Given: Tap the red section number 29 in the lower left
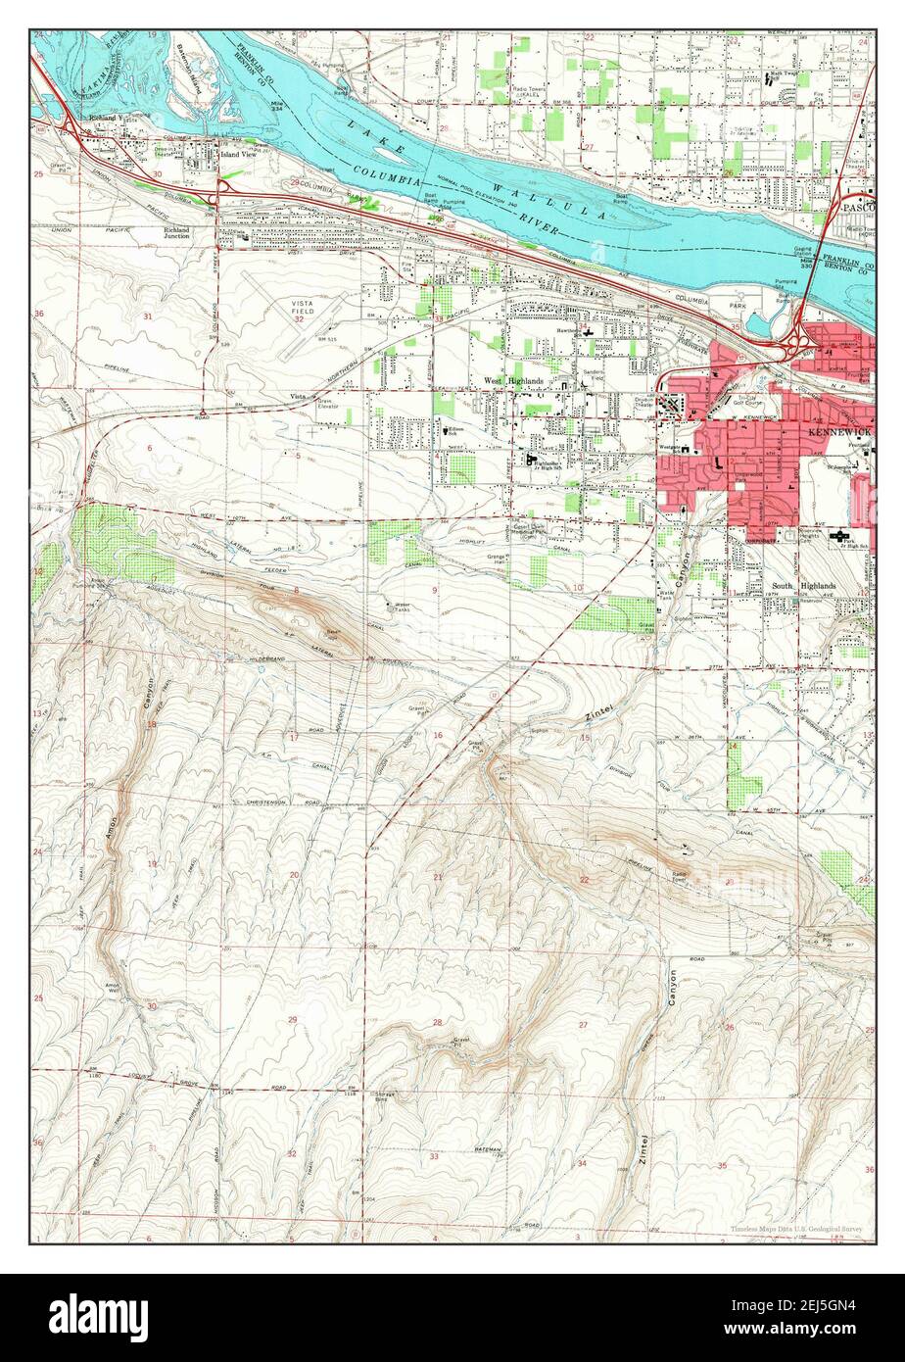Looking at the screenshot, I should click(292, 1021).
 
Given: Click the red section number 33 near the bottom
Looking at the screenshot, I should click(434, 1157).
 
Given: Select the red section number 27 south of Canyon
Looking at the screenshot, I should click(583, 1025).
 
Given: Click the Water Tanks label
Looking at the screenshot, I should click(397, 607).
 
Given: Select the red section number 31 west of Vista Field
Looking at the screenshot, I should click(148, 316).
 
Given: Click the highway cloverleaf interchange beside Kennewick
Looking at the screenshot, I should click(797, 343).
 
